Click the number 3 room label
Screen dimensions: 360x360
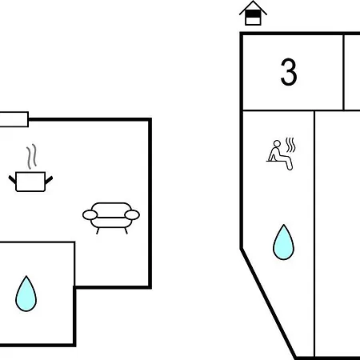[289, 72]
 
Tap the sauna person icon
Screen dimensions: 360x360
[279, 154]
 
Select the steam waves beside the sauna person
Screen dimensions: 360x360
[290, 145]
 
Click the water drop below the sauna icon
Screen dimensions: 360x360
[283, 242]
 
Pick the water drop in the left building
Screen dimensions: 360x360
[26, 294]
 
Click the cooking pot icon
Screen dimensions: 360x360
[30, 182]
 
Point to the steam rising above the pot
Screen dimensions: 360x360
[31, 157]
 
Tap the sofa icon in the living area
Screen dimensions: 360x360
[111, 218]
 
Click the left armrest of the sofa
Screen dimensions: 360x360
[90, 215]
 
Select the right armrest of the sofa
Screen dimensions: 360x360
[132, 215]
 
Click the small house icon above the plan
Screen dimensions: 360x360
[253, 14]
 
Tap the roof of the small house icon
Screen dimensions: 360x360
[253, 6]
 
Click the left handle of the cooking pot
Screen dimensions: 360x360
[12, 180]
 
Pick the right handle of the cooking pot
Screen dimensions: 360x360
[49, 180]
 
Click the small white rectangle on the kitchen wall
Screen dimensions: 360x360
[14, 119]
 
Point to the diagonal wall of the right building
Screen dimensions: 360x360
[269, 303]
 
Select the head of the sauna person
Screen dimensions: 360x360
[278, 144]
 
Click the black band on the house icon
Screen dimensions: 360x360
[253, 14]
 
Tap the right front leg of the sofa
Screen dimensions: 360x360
[126, 231]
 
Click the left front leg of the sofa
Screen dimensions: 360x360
[98, 231]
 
